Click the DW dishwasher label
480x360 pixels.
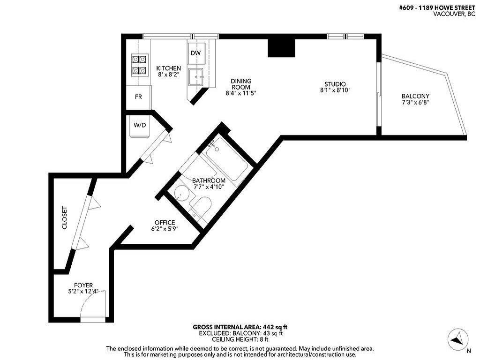pos(195,53)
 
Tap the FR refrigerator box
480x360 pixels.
pos(138,97)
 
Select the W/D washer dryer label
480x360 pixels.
pos(140,125)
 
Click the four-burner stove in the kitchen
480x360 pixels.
pos(139,65)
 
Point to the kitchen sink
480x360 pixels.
pos(196,76)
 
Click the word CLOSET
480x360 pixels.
pos(65,218)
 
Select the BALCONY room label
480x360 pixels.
pos(415,96)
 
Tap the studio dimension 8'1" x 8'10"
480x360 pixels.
pos(335,90)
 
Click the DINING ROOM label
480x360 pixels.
pos(241,84)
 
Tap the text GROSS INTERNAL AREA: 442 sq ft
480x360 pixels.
pos(240,327)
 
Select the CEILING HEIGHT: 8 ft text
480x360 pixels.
pos(240,339)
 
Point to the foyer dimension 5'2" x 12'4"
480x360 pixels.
pos(83,291)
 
